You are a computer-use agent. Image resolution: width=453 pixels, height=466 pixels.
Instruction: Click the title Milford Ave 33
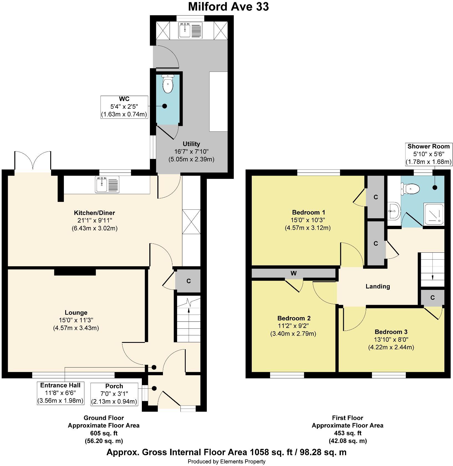[x=228, y=7]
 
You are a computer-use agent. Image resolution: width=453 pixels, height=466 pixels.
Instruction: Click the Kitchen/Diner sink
[x=102, y=185]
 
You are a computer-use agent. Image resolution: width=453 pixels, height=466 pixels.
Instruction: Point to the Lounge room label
[x=76, y=313]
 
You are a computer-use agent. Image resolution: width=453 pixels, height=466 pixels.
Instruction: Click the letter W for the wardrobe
[x=293, y=273]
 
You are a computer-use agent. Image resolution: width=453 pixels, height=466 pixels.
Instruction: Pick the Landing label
[x=377, y=286]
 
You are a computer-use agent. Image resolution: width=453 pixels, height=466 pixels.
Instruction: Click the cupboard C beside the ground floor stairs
[x=188, y=281]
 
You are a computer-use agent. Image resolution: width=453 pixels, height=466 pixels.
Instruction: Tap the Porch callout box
[x=114, y=394]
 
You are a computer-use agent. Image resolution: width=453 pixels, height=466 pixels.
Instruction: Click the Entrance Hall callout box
[x=60, y=393]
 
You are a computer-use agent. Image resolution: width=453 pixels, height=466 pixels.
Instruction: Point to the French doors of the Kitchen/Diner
[x=33, y=161]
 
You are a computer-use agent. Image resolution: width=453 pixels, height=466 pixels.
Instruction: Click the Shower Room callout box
[x=428, y=154]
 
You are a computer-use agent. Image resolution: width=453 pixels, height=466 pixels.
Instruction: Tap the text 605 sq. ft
[x=104, y=433]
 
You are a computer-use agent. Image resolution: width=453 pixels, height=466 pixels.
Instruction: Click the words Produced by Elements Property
[x=226, y=462]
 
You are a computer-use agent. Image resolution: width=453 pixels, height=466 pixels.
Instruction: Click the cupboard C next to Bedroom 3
[x=432, y=298]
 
